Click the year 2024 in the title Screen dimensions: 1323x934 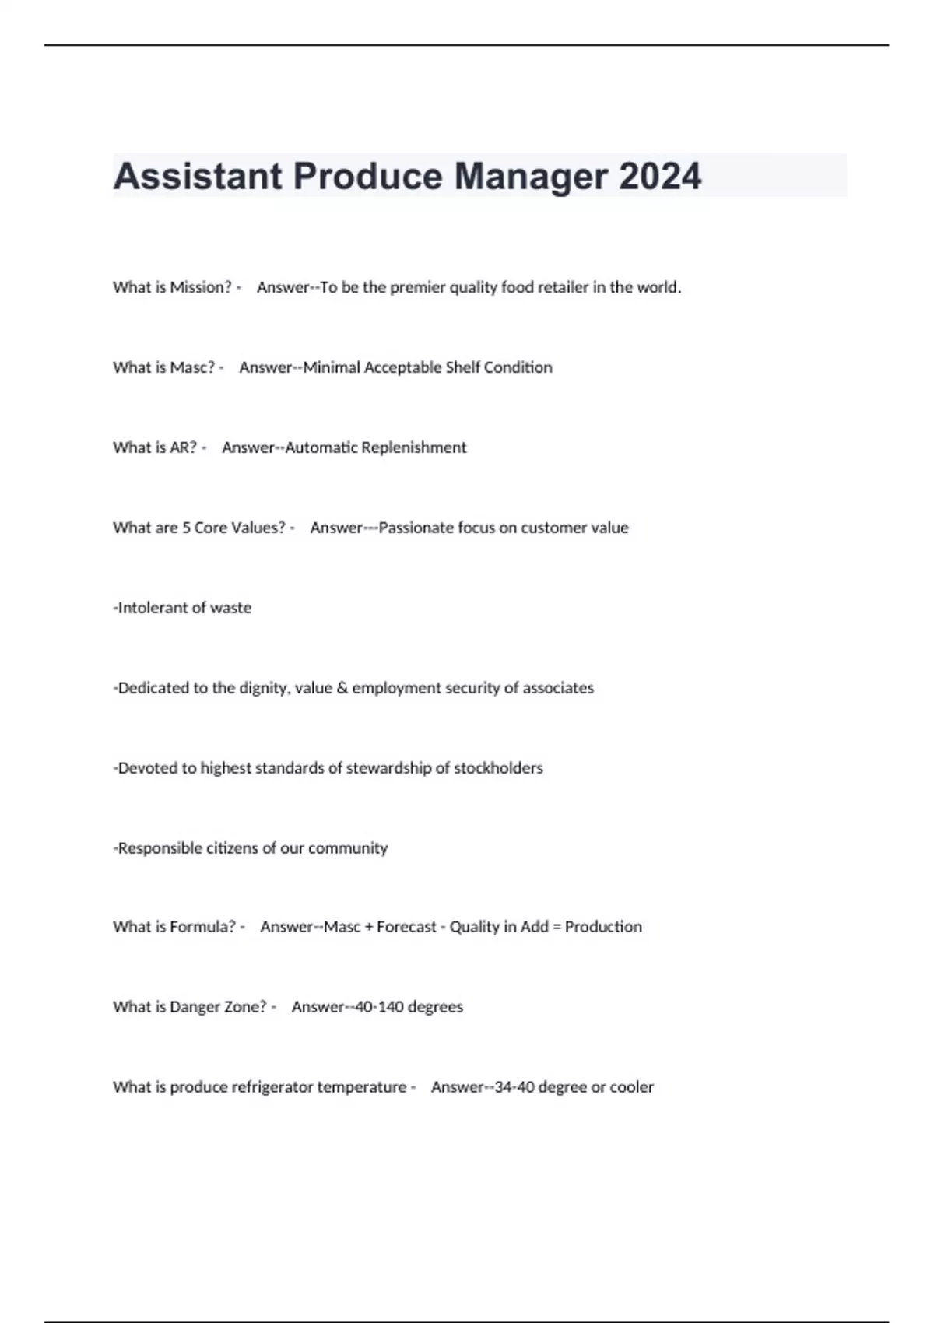click(x=660, y=177)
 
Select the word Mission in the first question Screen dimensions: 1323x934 click(x=201, y=287)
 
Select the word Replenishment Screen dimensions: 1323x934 click(x=414, y=447)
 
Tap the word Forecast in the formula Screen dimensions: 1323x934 click(x=406, y=927)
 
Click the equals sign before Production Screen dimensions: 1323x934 click(x=557, y=927)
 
